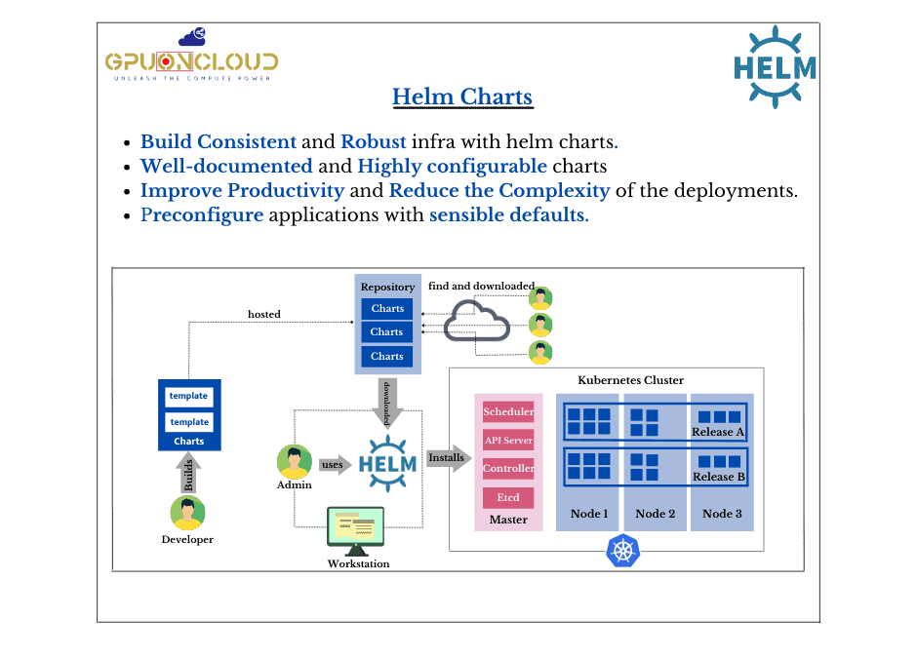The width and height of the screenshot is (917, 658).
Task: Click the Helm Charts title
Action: (462, 97)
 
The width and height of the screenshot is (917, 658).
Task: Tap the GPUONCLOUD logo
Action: (191, 59)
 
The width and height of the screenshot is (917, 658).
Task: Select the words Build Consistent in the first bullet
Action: (219, 141)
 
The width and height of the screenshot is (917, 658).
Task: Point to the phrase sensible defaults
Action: (508, 214)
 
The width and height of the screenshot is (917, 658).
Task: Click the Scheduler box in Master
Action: (508, 412)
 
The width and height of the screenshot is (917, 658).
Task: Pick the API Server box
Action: (508, 441)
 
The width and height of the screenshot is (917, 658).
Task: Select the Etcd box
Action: (508, 497)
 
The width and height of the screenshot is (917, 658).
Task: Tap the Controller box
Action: (508, 469)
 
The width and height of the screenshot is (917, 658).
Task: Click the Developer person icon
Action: (187, 513)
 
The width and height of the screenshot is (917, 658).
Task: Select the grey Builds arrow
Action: (188, 474)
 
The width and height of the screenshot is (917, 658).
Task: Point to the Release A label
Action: (718, 432)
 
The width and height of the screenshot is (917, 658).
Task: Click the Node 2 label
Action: (655, 514)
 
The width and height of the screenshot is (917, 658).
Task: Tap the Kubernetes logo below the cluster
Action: (621, 550)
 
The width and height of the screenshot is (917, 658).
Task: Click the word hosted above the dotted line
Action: (263, 314)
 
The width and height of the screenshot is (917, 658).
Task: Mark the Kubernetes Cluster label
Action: (631, 380)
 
